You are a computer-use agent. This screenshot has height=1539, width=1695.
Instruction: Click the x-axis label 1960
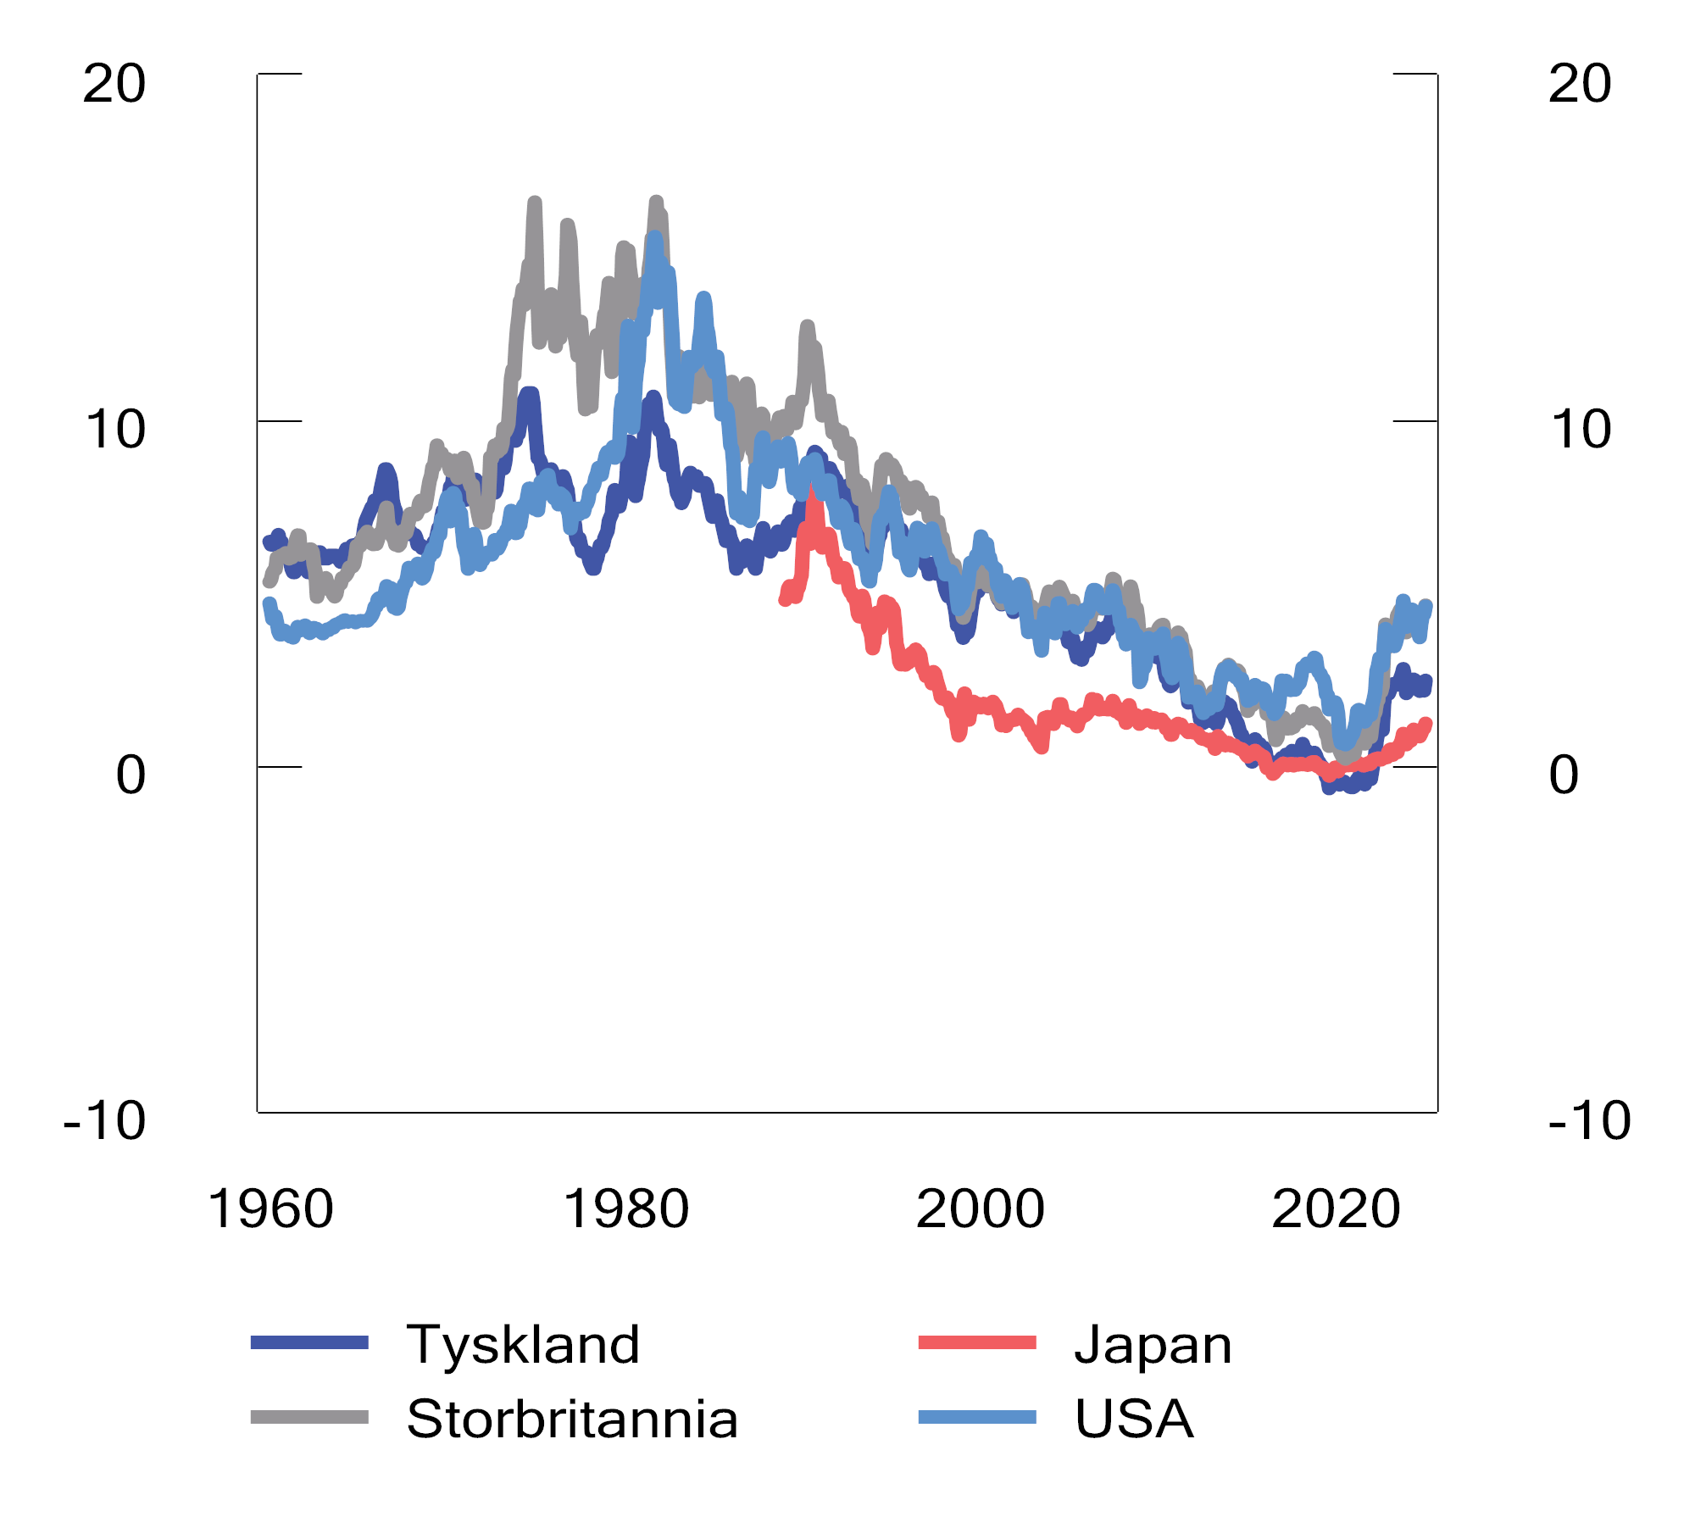click(270, 1209)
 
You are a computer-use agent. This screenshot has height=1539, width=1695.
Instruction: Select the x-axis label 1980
click(625, 1209)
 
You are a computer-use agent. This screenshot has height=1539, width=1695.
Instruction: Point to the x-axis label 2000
click(981, 1209)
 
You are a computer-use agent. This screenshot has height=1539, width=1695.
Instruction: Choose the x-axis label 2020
click(1336, 1209)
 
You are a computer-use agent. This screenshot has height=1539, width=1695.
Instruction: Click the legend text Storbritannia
click(572, 1419)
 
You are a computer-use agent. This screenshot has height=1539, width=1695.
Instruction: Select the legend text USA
click(1134, 1419)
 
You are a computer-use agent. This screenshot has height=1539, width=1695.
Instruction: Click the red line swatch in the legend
click(977, 1342)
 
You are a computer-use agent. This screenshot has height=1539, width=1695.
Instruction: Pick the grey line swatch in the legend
click(309, 1417)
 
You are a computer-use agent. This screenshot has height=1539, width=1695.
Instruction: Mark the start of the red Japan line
click(784, 600)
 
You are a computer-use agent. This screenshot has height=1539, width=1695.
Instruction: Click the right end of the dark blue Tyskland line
click(1426, 681)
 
